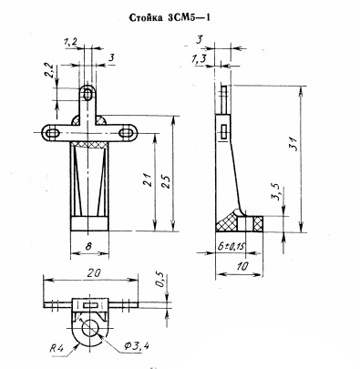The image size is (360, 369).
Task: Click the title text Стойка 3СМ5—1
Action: click(170, 17)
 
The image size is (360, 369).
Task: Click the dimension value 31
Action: click(293, 143)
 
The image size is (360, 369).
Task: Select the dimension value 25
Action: click(166, 181)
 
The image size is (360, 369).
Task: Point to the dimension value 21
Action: click(147, 179)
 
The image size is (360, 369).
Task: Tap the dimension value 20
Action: click(94, 272)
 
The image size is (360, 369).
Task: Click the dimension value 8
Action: click(88, 246)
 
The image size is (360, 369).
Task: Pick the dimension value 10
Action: click(242, 266)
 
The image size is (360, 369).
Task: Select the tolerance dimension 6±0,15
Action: click(231, 246)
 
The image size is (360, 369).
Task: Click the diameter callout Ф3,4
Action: click(136, 345)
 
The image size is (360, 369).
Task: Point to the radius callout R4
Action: click(57, 347)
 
